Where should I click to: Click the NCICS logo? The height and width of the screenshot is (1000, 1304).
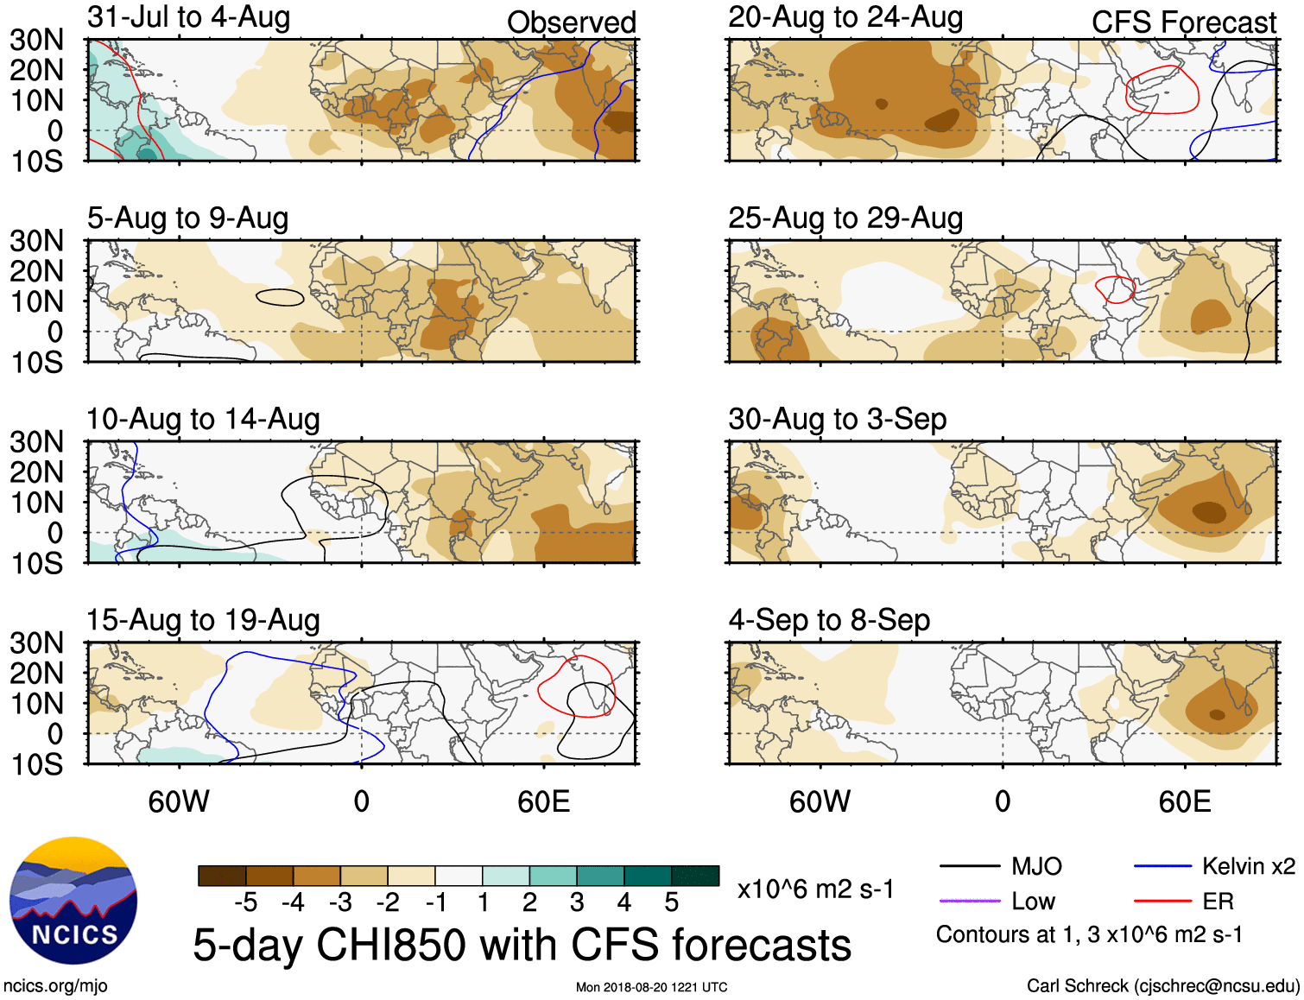point(73,901)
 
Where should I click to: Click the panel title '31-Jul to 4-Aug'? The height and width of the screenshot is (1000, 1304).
point(188,17)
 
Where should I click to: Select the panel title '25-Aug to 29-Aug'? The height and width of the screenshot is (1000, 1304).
point(845,218)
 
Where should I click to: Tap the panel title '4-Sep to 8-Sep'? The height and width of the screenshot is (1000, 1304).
point(829,620)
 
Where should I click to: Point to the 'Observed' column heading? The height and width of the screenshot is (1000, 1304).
point(571,22)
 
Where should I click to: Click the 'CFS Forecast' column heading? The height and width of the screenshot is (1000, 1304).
point(1183,22)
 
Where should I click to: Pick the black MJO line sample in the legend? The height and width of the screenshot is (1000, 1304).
point(969,866)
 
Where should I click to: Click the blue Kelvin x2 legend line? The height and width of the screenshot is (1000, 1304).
point(1162,866)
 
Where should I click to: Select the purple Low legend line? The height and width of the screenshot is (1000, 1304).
point(969,902)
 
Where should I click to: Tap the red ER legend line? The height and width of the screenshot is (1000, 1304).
point(1162,902)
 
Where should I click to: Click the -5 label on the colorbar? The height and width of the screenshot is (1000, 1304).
point(245,902)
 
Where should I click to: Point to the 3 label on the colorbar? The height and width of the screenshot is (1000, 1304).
point(577,902)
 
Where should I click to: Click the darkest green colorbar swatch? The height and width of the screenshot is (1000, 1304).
point(695,876)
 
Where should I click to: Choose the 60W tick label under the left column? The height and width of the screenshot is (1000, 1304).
point(179,801)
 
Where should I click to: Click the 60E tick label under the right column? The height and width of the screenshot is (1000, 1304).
point(1184,801)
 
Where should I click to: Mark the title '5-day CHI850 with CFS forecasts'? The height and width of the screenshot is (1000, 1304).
point(522,945)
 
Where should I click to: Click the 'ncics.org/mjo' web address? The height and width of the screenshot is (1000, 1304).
point(55,986)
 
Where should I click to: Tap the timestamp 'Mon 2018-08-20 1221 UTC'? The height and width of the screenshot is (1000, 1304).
point(651,987)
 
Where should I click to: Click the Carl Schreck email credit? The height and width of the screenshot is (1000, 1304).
point(1162,986)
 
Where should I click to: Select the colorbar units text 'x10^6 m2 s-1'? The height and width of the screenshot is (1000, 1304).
point(815,889)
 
